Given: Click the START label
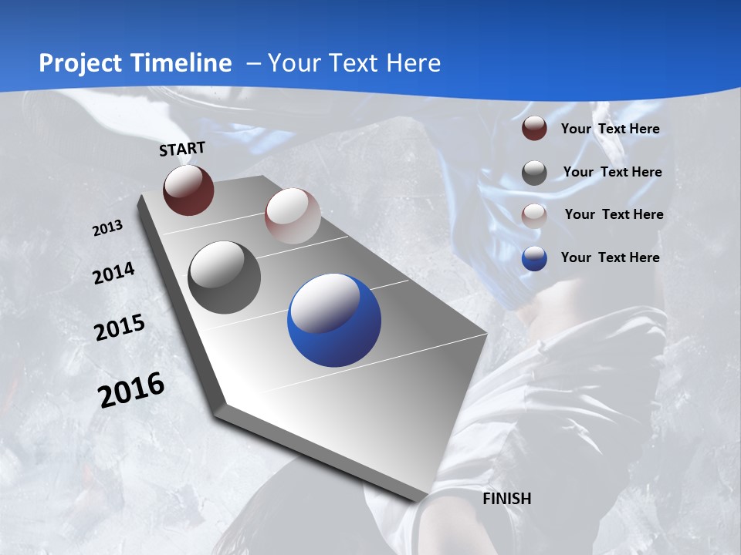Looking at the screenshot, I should click(182, 149).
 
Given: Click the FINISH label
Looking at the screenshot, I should click(507, 499).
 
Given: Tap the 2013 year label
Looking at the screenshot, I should click(108, 227).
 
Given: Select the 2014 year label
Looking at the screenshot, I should click(114, 273).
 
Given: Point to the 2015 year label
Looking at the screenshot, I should click(120, 327).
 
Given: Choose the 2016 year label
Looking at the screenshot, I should click(131, 389).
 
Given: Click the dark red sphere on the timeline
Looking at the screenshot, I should click(188, 190).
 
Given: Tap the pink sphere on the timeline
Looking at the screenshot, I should click(293, 216).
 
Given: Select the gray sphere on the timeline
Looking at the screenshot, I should click(225, 277).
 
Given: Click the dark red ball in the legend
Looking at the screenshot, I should click(534, 129).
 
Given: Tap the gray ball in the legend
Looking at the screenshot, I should click(534, 173).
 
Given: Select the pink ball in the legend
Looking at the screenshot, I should click(534, 215).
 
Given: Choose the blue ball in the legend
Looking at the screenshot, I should click(534, 258).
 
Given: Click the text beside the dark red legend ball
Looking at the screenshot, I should click(610, 129).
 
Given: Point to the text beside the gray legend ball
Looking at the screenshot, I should click(612, 172).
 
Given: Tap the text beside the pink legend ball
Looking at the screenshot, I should click(614, 214).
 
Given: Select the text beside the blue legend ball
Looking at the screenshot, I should click(610, 257).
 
